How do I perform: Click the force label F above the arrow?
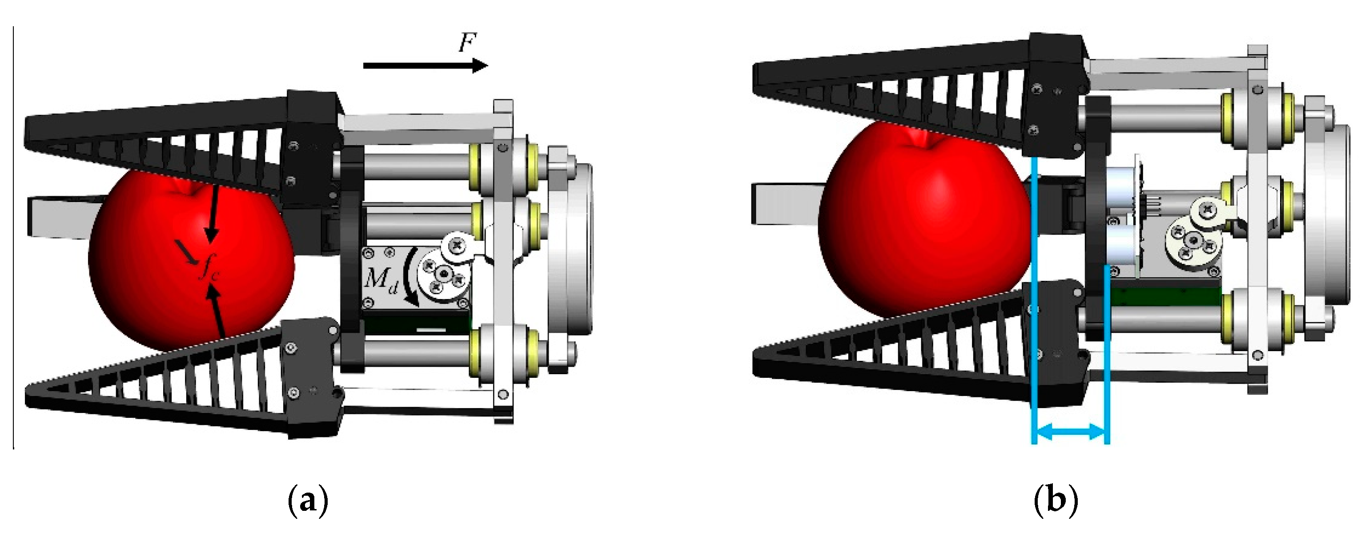click(x=468, y=43)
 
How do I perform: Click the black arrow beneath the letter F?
click(x=426, y=65)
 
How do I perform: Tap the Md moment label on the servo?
click(x=381, y=279)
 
